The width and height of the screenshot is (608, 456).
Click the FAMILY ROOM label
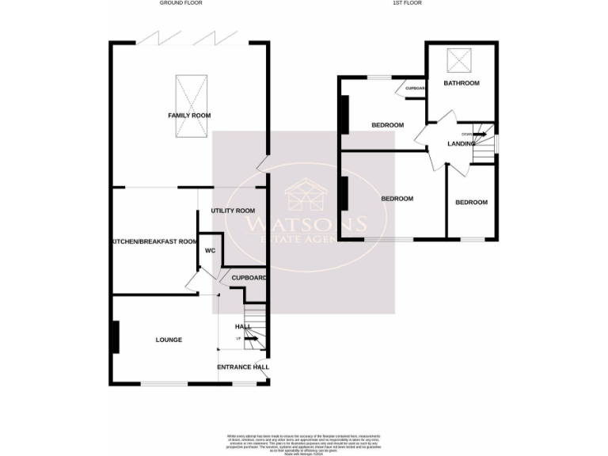[189, 116]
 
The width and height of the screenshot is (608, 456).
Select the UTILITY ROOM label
[232, 211]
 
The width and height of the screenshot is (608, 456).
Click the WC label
[210, 250]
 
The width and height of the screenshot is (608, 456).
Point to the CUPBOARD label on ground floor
[249, 278]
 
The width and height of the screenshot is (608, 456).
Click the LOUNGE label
[168, 340]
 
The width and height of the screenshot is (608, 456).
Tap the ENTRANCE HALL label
[243, 367]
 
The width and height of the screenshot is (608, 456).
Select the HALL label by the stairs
[243, 326]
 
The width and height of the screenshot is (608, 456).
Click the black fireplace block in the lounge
[116, 336]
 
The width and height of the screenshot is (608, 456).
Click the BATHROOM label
[462, 83]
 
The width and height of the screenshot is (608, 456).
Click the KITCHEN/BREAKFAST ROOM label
[154, 241]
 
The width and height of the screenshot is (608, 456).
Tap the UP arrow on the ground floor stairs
[251, 340]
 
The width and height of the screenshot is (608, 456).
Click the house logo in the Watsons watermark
[303, 194]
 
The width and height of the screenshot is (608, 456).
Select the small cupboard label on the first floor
[415, 88]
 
